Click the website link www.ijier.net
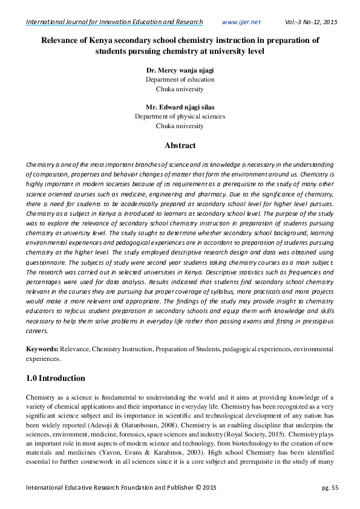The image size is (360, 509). (241, 22)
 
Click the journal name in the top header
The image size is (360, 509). (114, 22)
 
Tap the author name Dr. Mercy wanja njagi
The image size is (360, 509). (180, 70)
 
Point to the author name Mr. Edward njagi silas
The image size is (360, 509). (180, 107)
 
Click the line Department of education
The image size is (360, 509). (180, 79)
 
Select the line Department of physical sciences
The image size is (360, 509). (180, 117)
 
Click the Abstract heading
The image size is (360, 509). (180, 146)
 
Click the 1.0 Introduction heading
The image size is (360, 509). (55, 378)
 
